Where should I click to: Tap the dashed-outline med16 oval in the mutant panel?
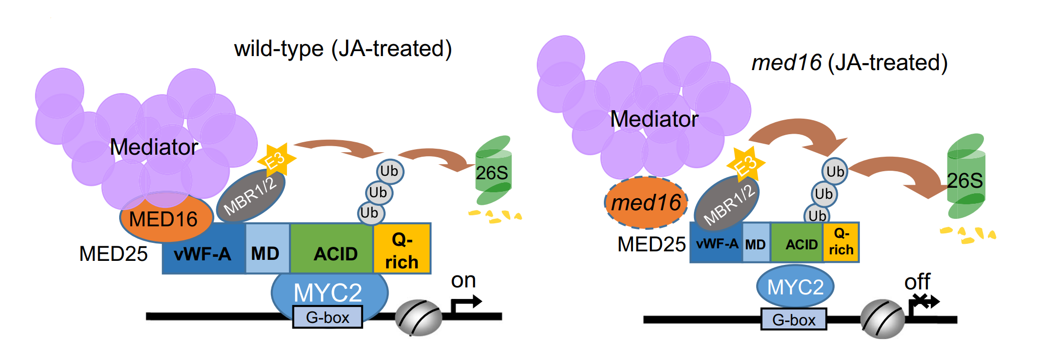tap(646, 203)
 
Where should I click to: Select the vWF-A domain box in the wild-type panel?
tap(203, 253)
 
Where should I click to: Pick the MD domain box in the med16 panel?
tap(755, 244)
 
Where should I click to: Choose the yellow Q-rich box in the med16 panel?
tap(841, 242)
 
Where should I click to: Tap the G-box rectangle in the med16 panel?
tap(794, 319)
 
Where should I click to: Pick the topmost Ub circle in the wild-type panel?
tap(390, 171)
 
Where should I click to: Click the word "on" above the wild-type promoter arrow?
tap(463, 280)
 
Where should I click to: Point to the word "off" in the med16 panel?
tap(917, 282)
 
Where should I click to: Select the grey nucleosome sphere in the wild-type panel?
tap(418, 317)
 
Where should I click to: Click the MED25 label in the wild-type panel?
tap(113, 254)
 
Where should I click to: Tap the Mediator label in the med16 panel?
tap(654, 119)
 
